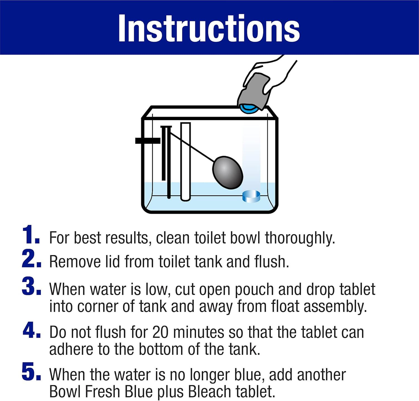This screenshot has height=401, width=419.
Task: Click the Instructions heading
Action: click(x=209, y=28)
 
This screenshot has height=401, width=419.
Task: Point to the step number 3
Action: click(x=31, y=286)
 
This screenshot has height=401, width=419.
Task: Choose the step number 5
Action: click(x=31, y=371)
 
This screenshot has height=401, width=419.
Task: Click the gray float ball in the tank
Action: click(x=228, y=172)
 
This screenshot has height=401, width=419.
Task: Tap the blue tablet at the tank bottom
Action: click(x=251, y=196)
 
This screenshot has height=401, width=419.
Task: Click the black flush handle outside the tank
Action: click(x=148, y=140)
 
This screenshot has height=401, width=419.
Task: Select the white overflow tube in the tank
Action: click(x=185, y=162)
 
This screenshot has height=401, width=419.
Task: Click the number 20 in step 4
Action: click(x=160, y=333)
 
